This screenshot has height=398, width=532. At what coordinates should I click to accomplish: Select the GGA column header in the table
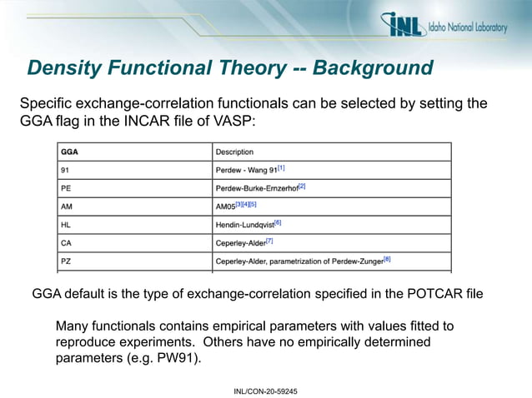(70, 152)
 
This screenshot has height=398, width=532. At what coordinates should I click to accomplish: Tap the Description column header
(234, 152)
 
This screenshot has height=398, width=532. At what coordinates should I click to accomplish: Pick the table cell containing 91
(65, 170)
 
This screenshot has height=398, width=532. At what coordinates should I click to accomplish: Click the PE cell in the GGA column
(66, 188)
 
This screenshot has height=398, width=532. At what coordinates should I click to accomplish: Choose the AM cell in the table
(67, 206)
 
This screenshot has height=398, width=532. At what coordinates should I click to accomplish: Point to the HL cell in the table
(66, 225)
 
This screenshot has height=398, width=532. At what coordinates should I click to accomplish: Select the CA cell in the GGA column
(66, 243)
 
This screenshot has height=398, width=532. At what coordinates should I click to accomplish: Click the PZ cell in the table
(66, 261)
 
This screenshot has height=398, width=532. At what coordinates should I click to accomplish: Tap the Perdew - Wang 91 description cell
(250, 170)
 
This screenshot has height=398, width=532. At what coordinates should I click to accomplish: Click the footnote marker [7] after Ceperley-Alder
(269, 241)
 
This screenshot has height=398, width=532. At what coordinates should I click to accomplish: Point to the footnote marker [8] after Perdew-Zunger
(387, 259)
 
